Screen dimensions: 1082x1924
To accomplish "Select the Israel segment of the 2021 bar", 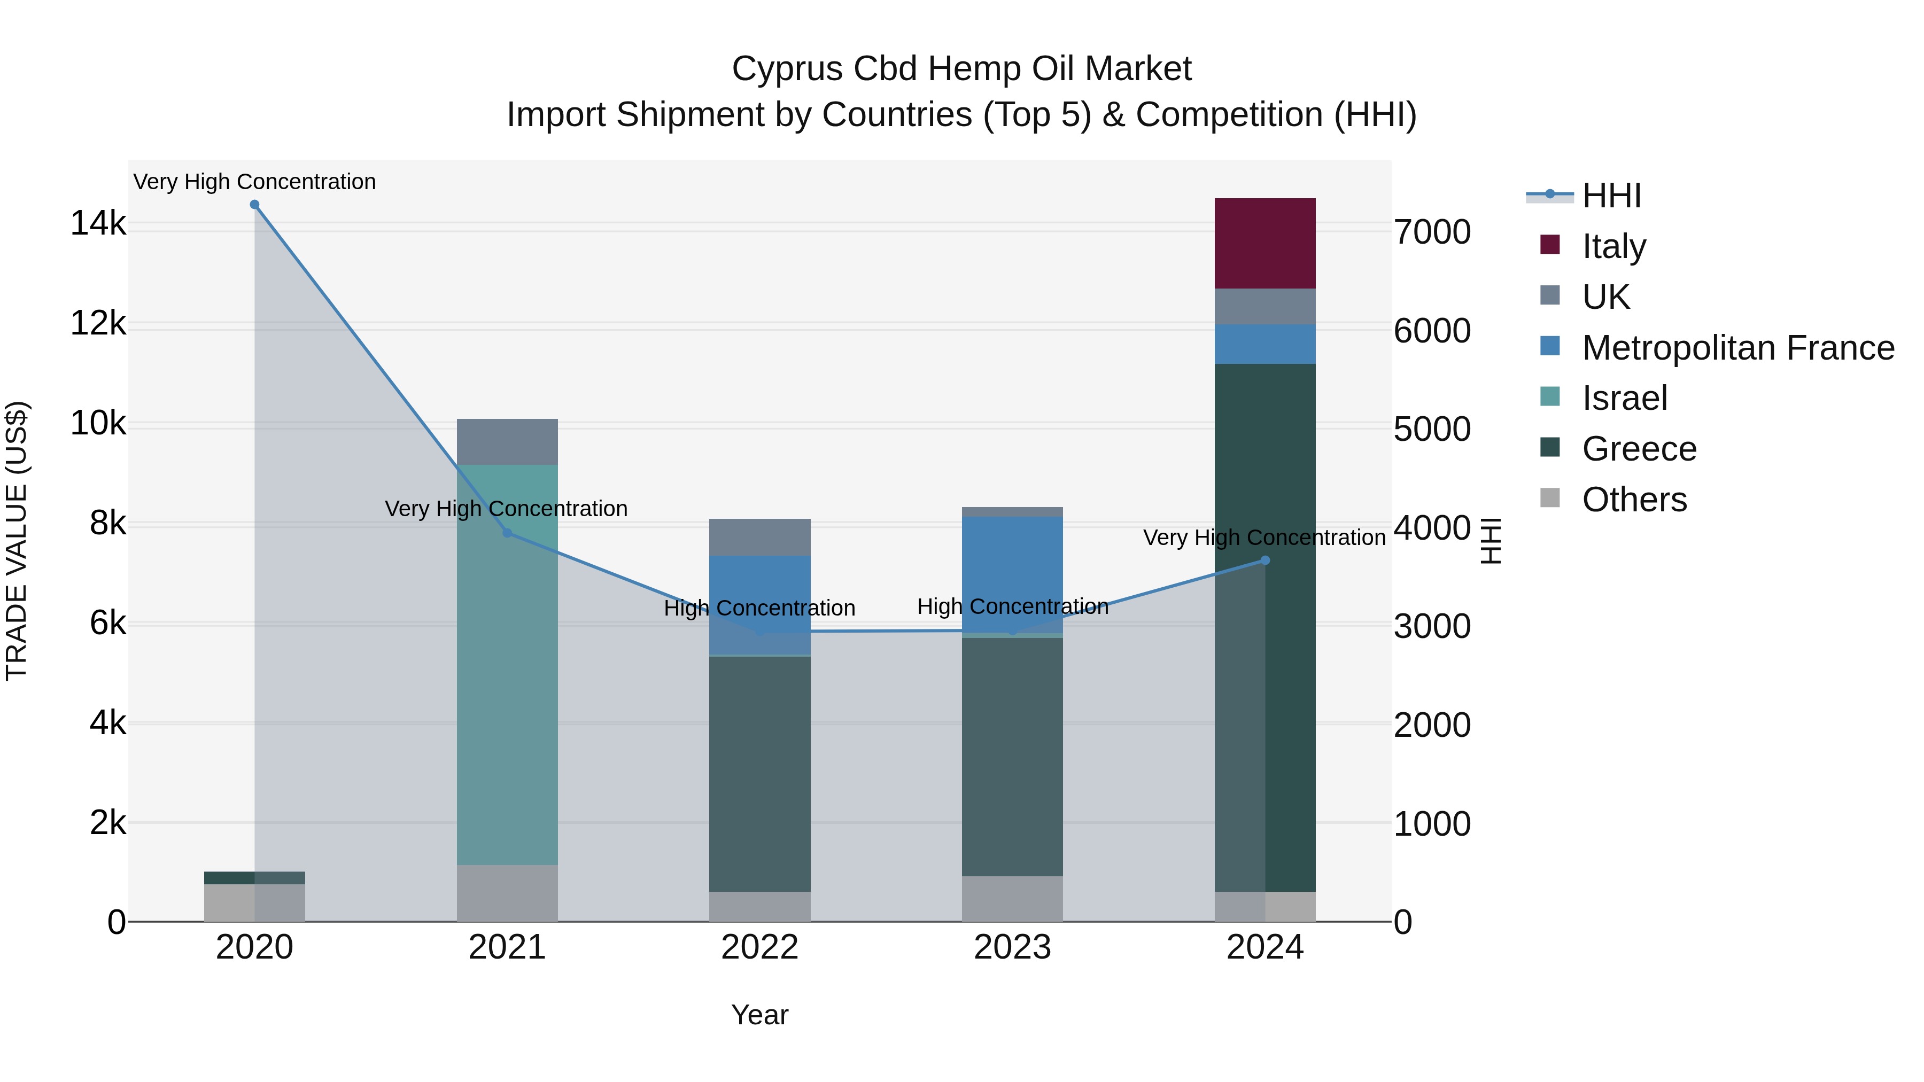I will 507,665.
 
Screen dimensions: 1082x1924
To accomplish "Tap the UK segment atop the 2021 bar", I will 507,441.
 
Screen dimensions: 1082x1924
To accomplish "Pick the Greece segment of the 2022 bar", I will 759,773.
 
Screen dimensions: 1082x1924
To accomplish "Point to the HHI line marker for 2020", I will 255,205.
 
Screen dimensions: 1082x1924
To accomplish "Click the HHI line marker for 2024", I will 1264,560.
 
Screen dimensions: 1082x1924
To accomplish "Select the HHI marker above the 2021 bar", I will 507,532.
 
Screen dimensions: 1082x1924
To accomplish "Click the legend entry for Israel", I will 1625,398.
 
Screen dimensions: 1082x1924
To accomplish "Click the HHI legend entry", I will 1611,196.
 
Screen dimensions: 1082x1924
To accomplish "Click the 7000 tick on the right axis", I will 1432,232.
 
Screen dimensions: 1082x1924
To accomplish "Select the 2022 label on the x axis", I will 759,947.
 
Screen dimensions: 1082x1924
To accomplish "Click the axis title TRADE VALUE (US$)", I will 17,541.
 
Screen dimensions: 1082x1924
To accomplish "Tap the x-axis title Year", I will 759,1015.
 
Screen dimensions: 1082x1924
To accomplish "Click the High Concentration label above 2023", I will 1012,606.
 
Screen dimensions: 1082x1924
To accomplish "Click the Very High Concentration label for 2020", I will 255,182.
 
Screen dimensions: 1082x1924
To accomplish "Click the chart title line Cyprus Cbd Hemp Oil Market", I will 961,69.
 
